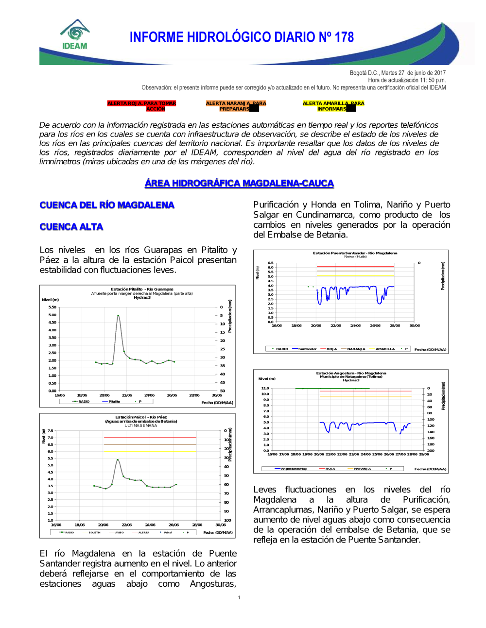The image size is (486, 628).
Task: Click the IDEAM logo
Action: coord(75,35)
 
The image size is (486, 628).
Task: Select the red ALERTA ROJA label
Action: coord(141,106)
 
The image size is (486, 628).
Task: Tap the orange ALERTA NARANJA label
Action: coord(236,106)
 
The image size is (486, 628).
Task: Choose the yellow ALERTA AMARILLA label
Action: coord(333,106)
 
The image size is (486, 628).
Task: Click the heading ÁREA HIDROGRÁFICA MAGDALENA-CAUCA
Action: coord(239,183)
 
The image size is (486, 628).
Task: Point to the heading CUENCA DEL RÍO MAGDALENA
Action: coord(107,205)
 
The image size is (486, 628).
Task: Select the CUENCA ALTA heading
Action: coord(71,227)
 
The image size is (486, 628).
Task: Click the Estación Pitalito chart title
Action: coord(142,289)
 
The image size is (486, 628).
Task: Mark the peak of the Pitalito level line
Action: coord(118,315)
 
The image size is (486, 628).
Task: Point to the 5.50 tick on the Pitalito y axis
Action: coord(52,307)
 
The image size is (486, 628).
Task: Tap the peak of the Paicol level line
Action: coord(118,459)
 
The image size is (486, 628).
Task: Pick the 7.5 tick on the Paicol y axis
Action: coord(51,431)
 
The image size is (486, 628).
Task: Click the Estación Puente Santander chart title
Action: coord(355,253)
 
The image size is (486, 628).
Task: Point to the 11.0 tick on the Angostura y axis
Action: coord(265,388)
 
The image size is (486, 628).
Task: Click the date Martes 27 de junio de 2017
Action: coord(412,73)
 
